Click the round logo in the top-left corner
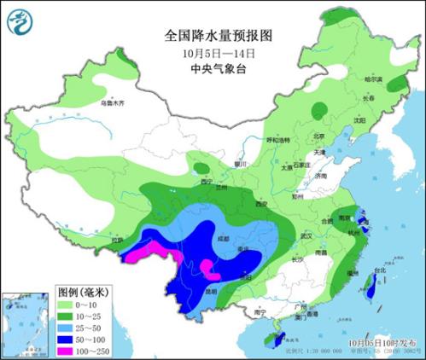click(18, 18)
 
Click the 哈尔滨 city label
click(374, 80)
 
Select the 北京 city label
click(318, 136)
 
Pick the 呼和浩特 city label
click(278, 140)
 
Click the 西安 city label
click(260, 204)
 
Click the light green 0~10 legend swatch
click(19, 302)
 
